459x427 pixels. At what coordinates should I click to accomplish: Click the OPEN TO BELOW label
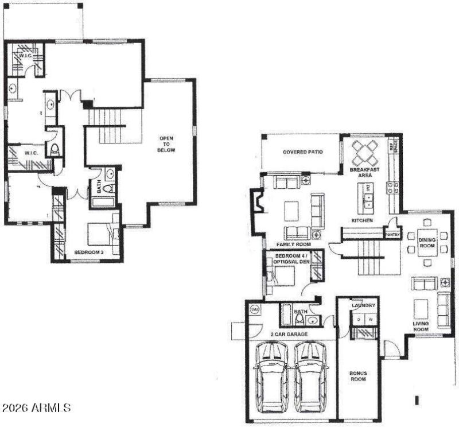[x=167, y=143]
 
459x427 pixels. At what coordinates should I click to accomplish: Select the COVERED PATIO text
[x=302, y=152]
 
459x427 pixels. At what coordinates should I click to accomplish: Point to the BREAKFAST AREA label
[x=364, y=173]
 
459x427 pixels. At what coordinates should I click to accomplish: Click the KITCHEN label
[x=362, y=220]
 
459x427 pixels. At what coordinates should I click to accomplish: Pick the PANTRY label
[x=392, y=234]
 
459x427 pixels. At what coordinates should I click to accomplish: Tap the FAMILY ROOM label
[x=289, y=244]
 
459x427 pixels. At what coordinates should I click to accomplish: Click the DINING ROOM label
[x=427, y=244]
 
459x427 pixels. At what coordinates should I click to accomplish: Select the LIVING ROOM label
[x=421, y=327]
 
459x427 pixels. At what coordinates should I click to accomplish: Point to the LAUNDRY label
[x=364, y=305]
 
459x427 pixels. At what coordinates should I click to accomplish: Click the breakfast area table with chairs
[x=365, y=152]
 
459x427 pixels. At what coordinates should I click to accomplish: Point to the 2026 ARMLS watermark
[x=36, y=408]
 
